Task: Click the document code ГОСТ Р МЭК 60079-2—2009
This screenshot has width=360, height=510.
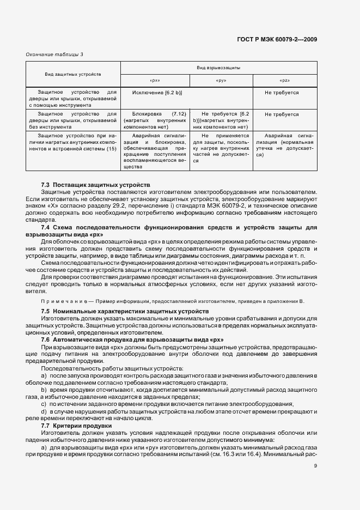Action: point(277,39)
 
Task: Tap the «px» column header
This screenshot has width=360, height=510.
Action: point(154,80)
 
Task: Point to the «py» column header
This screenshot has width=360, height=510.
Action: point(221,80)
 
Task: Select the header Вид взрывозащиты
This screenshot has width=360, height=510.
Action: point(218,68)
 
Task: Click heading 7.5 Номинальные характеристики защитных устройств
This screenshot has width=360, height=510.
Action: point(125,310)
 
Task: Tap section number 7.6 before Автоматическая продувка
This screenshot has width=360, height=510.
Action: point(46,339)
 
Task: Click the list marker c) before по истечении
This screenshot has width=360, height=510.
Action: point(44,403)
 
